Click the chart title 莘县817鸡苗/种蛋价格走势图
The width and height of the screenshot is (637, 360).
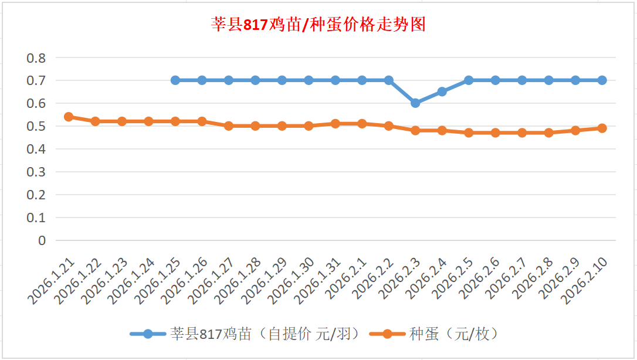318,25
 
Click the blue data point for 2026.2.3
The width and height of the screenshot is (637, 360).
415,103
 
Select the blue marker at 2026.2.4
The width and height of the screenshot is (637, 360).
442,91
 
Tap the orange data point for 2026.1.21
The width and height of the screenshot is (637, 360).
69,117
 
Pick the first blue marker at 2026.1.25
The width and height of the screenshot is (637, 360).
175,80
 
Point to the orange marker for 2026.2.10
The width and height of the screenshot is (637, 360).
602,128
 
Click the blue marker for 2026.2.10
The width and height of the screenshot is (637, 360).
602,80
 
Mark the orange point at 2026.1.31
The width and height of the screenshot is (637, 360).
336,124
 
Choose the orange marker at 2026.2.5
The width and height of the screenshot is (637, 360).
469,133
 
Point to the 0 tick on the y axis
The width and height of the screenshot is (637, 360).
42,240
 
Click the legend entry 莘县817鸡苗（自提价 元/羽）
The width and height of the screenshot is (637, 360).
264,334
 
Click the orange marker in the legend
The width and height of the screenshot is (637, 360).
387,334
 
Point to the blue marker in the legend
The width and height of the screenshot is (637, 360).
148,334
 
